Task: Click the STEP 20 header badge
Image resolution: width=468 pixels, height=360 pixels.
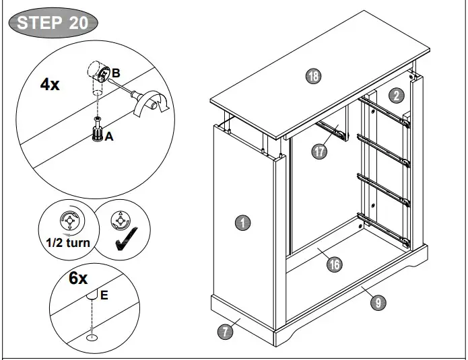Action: [x=52, y=22]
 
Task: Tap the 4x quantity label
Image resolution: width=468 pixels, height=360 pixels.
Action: [x=51, y=85]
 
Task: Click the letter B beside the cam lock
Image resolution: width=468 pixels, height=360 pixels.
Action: [x=116, y=73]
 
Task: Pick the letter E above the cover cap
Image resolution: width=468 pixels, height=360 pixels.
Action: [x=104, y=295]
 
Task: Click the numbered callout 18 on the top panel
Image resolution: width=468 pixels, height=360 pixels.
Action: [x=312, y=76]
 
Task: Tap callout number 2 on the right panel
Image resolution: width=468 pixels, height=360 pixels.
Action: [x=398, y=95]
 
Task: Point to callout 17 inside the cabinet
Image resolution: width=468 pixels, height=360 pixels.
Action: [x=319, y=151]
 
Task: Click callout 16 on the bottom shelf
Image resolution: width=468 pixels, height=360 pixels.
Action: [x=334, y=264]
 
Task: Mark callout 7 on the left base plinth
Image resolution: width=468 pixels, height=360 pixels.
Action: [x=226, y=330]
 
